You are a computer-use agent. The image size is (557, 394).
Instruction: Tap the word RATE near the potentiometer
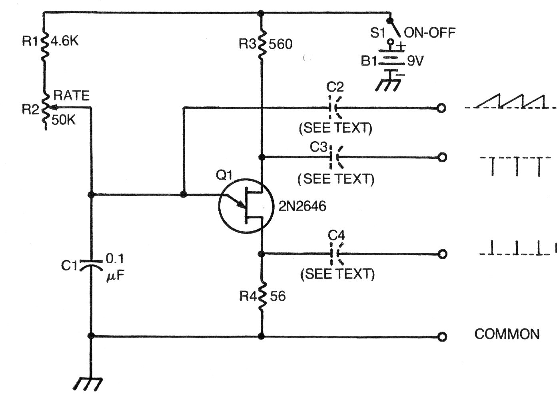[71, 96]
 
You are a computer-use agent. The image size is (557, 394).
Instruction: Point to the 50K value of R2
[63, 120]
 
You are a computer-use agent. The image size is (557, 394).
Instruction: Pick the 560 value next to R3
[281, 44]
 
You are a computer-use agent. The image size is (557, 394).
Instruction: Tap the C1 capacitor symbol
[92, 265]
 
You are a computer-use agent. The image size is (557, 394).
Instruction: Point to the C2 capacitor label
[335, 87]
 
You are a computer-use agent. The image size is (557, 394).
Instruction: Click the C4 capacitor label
[336, 236]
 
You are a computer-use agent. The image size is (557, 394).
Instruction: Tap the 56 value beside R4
[278, 296]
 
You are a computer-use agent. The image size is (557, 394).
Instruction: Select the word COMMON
[507, 334]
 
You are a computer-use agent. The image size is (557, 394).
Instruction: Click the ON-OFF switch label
[430, 33]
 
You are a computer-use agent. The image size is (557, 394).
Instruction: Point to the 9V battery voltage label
[415, 61]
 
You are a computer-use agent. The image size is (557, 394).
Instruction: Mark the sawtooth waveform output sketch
[510, 102]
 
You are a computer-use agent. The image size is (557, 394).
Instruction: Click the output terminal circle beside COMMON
[442, 337]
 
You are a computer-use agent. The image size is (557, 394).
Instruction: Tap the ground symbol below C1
[87, 383]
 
